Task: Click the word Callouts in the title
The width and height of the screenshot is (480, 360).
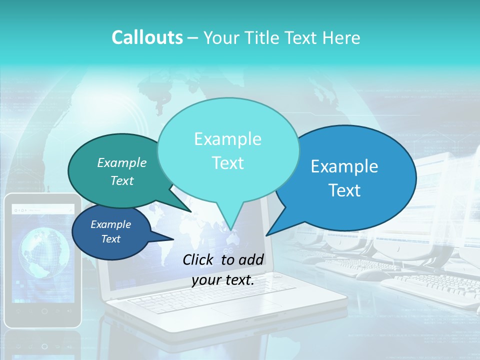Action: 147,37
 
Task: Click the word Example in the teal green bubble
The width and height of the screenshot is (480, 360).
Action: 122,162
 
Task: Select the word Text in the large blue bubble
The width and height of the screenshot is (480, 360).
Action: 344,190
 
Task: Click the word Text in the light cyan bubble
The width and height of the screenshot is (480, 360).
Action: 227,163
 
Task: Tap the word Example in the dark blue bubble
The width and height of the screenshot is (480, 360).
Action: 110,224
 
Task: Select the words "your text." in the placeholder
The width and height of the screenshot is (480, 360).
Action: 223,280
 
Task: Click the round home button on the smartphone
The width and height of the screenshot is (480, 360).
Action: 44,311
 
